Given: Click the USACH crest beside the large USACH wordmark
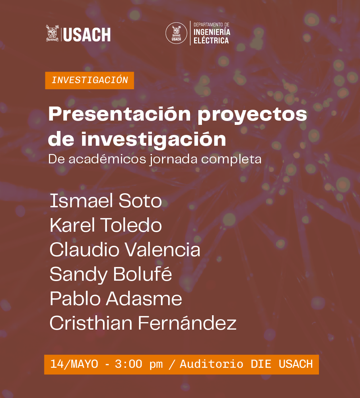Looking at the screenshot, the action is point(52,33).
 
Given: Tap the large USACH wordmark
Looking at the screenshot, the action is point(87,35).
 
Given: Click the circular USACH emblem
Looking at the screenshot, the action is point(176,33).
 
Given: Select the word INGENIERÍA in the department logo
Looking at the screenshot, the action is point(212,32).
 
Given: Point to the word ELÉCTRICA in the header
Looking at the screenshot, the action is point(211,40).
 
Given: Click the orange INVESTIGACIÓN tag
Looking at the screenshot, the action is point(90,81).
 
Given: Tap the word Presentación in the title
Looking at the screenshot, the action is point(120,114).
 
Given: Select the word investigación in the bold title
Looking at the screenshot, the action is point(154,140).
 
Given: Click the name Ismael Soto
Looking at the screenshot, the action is point(105,201).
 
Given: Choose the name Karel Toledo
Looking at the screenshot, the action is point(105,225).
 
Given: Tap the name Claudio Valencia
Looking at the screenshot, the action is point(125,249).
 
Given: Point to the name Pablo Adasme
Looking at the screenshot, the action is point(116,299).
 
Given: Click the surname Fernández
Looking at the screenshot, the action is point(187,323).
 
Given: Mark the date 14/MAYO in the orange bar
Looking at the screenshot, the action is point(74,364).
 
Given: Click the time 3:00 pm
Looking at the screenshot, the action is point(139,365).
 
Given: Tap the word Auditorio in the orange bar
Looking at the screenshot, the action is point(212,364).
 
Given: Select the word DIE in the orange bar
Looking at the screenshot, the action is point(261,364).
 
